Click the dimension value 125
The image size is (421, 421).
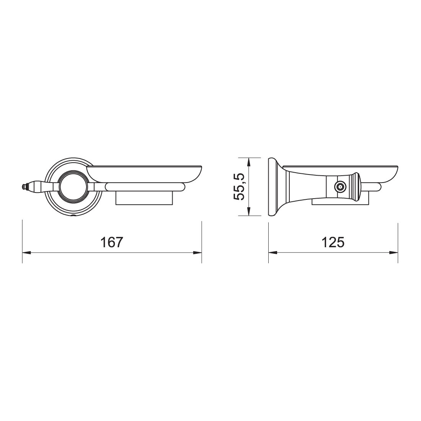click(333, 242)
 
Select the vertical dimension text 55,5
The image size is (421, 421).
click(240, 186)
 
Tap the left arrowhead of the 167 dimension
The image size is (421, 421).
click(26, 253)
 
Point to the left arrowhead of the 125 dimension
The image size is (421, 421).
click(273, 253)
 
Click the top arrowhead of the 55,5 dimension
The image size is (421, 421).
click(249, 162)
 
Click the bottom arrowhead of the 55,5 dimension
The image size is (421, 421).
click(249, 212)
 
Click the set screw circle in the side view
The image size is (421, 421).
click(339, 187)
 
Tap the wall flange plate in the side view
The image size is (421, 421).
click(273, 187)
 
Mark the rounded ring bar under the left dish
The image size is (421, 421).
click(145, 187)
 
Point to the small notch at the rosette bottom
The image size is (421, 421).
click(73, 216)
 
